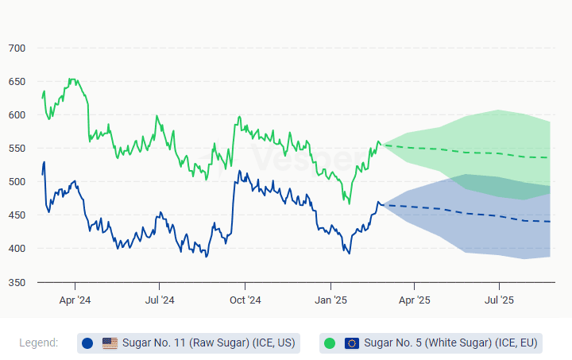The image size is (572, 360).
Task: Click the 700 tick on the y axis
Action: pos(17,48)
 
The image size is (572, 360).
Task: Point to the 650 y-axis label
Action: pos(17,82)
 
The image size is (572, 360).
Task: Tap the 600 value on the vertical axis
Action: pos(17,115)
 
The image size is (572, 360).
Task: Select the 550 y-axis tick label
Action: pos(17,149)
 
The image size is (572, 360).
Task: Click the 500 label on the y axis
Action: pos(17,182)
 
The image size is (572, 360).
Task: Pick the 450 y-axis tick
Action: pos(17,215)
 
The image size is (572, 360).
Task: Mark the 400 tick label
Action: pos(17,249)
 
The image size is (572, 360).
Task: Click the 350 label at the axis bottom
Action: pos(17,282)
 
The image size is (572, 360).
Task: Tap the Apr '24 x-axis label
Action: pos(75,300)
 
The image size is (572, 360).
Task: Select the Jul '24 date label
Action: pos(160,300)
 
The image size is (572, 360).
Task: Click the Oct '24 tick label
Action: pos(245,300)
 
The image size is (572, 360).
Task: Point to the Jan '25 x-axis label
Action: pos(330,300)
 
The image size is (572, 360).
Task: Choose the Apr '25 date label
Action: pos(414,300)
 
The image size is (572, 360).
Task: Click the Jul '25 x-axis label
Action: pos(498,300)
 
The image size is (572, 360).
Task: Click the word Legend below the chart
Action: pos(39,343)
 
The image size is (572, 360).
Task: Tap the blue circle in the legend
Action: pos(87,343)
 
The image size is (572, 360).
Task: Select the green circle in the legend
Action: pos(329,343)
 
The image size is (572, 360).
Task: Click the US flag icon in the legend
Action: pos(110,343)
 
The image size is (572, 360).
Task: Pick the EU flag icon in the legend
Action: pos(351,343)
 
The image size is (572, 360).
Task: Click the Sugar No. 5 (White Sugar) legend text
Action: pos(450,343)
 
